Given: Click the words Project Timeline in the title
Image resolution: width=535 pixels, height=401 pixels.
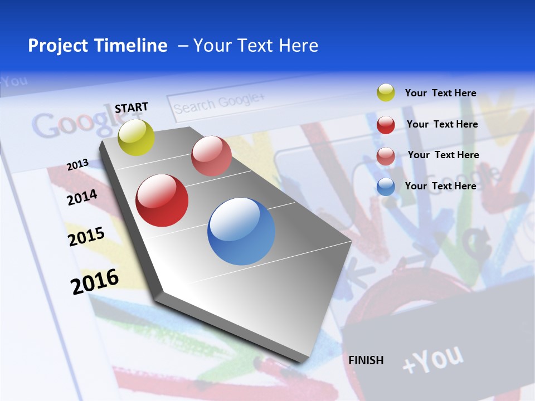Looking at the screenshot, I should [x=98, y=46].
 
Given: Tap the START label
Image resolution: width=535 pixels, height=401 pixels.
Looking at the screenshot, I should [x=132, y=107].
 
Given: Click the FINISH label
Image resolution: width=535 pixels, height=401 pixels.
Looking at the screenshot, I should [x=366, y=360].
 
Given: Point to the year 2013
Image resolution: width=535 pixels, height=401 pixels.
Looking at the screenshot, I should [x=77, y=165].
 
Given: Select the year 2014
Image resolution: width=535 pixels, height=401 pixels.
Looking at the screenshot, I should [x=82, y=197].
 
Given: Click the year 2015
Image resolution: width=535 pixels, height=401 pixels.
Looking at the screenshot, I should [x=86, y=237].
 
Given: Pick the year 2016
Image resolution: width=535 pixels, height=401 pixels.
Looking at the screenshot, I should [x=95, y=282].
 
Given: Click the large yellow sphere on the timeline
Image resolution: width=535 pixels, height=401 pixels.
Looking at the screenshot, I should [x=137, y=138].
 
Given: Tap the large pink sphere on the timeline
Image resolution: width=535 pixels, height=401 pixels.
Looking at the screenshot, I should [x=211, y=156].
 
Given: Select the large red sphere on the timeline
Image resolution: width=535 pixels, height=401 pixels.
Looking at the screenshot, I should [x=162, y=200].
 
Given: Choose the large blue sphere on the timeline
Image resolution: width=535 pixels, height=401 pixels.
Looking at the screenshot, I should [x=241, y=231].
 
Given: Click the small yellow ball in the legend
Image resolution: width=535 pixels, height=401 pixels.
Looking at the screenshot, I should [x=386, y=92].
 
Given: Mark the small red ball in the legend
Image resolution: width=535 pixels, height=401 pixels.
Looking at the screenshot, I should [x=386, y=125].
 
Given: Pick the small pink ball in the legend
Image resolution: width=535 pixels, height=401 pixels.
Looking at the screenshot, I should [x=386, y=156].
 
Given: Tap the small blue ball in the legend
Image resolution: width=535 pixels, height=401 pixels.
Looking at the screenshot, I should [x=386, y=187].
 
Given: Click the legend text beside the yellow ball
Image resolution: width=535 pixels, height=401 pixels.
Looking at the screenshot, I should [x=440, y=94].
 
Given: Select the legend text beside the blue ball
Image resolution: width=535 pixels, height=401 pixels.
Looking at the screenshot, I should [x=440, y=186].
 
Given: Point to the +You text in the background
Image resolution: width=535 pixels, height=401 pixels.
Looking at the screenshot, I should [x=432, y=359].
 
